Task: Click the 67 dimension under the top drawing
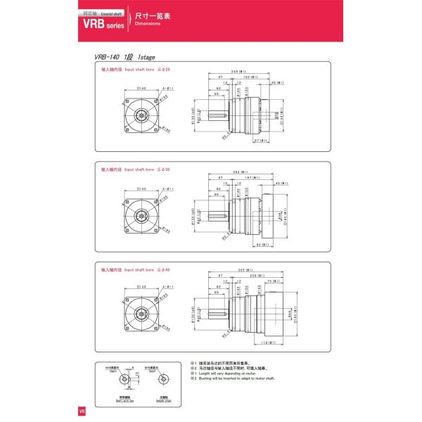(260, 141)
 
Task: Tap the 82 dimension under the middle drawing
(262, 245)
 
